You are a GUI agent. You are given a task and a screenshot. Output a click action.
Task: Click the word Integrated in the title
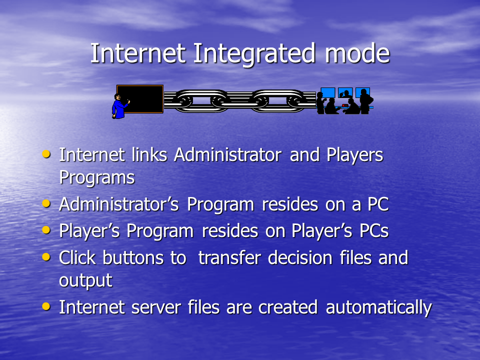pos(254,54)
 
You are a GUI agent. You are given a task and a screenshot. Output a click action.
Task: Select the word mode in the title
pos(357,53)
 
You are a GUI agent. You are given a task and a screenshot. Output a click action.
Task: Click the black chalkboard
pos(140,99)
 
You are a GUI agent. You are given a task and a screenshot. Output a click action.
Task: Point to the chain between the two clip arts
pos(239,100)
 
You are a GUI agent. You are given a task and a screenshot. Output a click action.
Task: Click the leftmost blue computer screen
pos(328,92)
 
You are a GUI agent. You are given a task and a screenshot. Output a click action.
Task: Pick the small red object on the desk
pos(345,105)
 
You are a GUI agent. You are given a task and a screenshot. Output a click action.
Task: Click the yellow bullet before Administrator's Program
pos(46,203)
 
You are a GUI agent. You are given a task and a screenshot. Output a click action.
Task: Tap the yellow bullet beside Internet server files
pos(46,306)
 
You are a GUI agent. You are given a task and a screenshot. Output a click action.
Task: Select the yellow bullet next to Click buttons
pos(46,256)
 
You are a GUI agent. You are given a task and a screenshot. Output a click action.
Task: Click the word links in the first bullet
pos(149,154)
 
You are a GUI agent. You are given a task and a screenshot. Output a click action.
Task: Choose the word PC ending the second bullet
pos(378,204)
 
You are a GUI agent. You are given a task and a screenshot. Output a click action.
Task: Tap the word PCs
pos(374,231)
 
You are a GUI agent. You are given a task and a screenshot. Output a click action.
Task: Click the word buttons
pos(133,257)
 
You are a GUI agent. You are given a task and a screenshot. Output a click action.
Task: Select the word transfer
pos(229,257)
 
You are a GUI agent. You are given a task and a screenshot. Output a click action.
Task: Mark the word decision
pos(300,257)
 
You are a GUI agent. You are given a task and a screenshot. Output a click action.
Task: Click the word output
pos(85,281)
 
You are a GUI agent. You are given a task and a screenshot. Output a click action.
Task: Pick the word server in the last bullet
pos(156,307)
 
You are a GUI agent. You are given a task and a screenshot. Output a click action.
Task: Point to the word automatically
pos(378,308)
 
